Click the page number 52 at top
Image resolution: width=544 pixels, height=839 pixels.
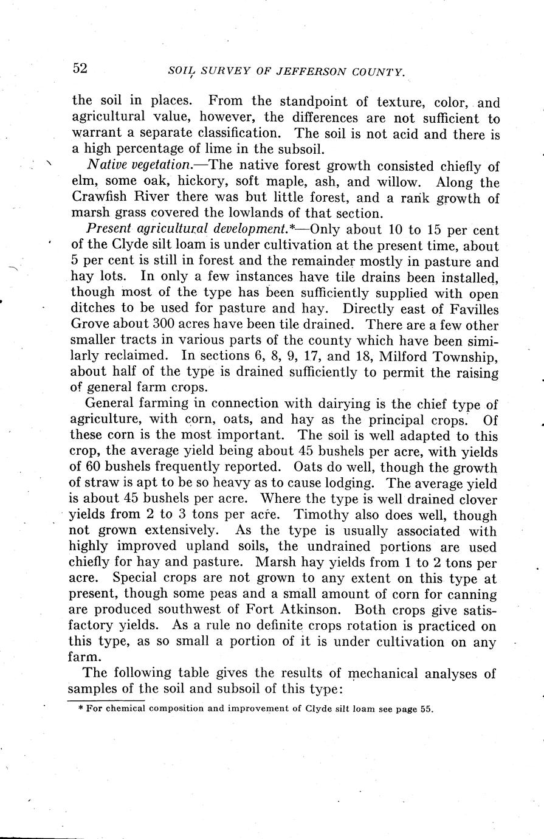click(80, 68)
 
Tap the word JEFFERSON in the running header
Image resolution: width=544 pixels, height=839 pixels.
click(312, 72)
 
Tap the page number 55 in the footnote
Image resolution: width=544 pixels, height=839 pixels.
click(425, 709)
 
